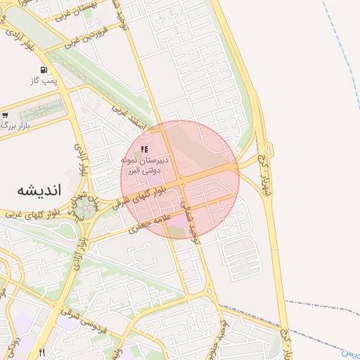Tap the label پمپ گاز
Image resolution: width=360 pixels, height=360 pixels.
(x=43, y=81)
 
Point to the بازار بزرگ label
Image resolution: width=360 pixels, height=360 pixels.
(x=17, y=124)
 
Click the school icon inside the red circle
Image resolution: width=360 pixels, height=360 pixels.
(x=144, y=149)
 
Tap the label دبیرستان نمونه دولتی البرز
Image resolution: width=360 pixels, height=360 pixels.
(x=144, y=165)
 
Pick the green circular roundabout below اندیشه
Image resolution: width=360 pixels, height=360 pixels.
(x=85, y=205)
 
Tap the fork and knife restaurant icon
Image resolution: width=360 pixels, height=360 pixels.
(x=42, y=352)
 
